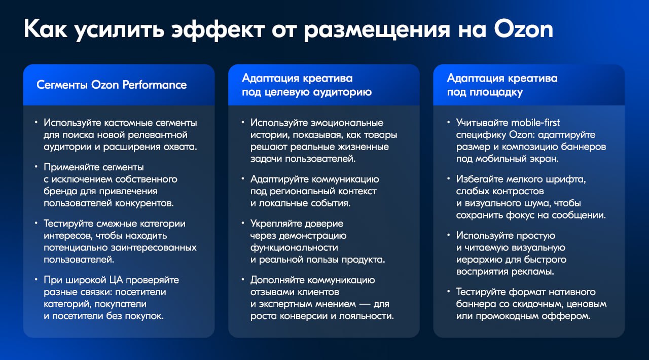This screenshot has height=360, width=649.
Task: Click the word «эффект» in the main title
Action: point(218,29)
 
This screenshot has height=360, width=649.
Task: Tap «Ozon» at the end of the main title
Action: point(524,29)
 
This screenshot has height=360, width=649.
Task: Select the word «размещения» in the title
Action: point(377,30)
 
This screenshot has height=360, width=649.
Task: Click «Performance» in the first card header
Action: point(155,85)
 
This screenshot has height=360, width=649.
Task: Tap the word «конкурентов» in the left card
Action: point(145,203)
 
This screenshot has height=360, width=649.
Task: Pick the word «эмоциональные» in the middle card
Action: point(347,123)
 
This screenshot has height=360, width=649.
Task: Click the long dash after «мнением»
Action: point(365,304)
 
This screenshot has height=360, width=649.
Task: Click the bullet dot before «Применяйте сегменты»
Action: point(36,167)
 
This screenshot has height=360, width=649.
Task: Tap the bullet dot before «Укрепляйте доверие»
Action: point(243,223)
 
